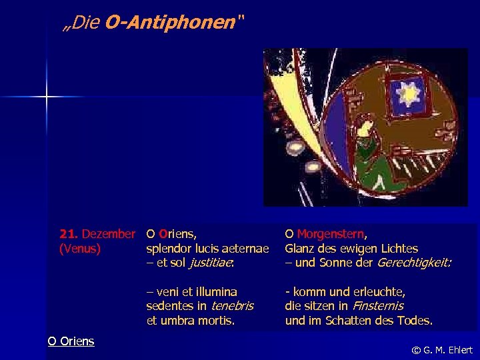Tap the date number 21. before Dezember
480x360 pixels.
(x=69, y=234)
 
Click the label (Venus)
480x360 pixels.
(x=80, y=249)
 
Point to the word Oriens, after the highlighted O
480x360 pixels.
(x=177, y=234)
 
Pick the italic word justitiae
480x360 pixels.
(x=211, y=263)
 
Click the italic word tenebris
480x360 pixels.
(x=233, y=306)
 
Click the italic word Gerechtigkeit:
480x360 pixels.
(x=414, y=263)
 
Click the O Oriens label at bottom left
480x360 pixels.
(x=71, y=341)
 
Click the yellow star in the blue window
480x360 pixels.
(x=407, y=95)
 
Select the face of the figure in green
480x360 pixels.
(x=365, y=125)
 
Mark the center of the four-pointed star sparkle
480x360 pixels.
(x=47, y=98)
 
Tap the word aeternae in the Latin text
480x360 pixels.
(x=246, y=249)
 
